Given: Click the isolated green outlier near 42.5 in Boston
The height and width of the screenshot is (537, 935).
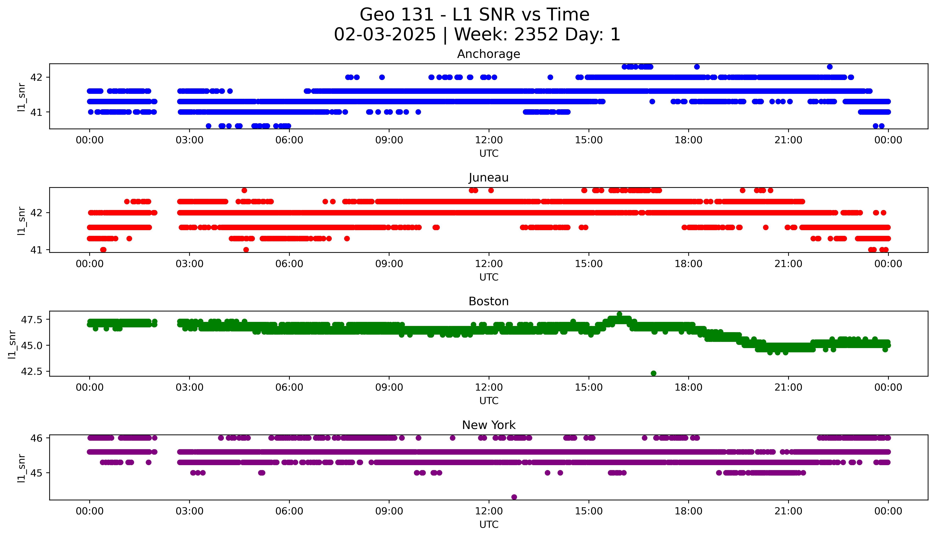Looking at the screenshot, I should coord(654,373).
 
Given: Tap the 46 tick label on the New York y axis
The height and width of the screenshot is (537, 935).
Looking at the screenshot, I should coord(36,438).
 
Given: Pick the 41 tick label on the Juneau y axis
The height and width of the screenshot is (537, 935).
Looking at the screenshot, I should coord(36,250).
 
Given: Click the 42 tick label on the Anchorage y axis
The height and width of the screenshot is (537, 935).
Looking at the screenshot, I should coord(36,77).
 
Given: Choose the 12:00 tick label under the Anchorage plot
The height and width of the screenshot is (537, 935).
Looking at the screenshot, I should coord(489,140).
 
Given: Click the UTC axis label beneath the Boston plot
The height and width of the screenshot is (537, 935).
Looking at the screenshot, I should coord(489,400).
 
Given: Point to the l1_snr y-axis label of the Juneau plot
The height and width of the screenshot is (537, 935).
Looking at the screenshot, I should coord(21,221).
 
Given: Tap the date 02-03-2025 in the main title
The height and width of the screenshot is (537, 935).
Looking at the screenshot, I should coord(385,35).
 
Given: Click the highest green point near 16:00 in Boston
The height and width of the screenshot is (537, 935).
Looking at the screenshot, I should coord(619,314).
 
